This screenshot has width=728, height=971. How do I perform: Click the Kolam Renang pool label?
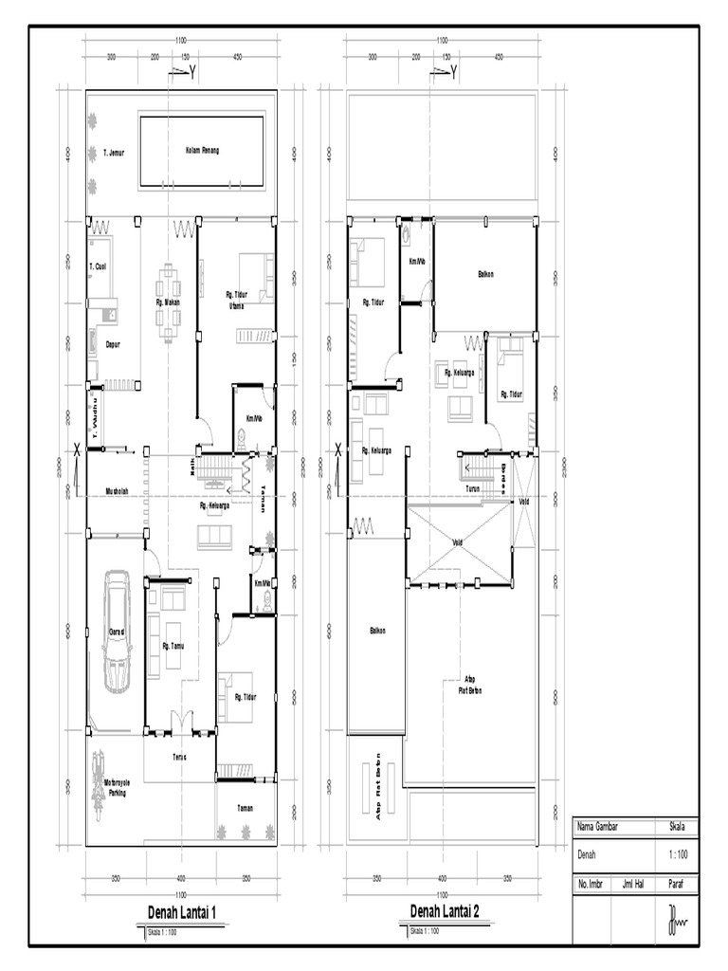pyautogui.click(x=202, y=151)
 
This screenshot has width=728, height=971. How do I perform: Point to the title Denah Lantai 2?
pyautogui.click(x=444, y=911)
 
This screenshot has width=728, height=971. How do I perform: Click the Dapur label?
pyautogui.click(x=113, y=344)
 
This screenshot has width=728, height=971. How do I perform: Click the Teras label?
pyautogui.click(x=178, y=757)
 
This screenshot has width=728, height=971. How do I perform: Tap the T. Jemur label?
pyautogui.click(x=114, y=151)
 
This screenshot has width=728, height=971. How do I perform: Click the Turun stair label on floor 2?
pyautogui.click(x=473, y=488)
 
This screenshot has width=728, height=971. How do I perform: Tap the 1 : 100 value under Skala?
pyautogui.click(x=679, y=854)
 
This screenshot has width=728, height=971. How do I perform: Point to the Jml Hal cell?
pyautogui.click(x=633, y=883)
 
